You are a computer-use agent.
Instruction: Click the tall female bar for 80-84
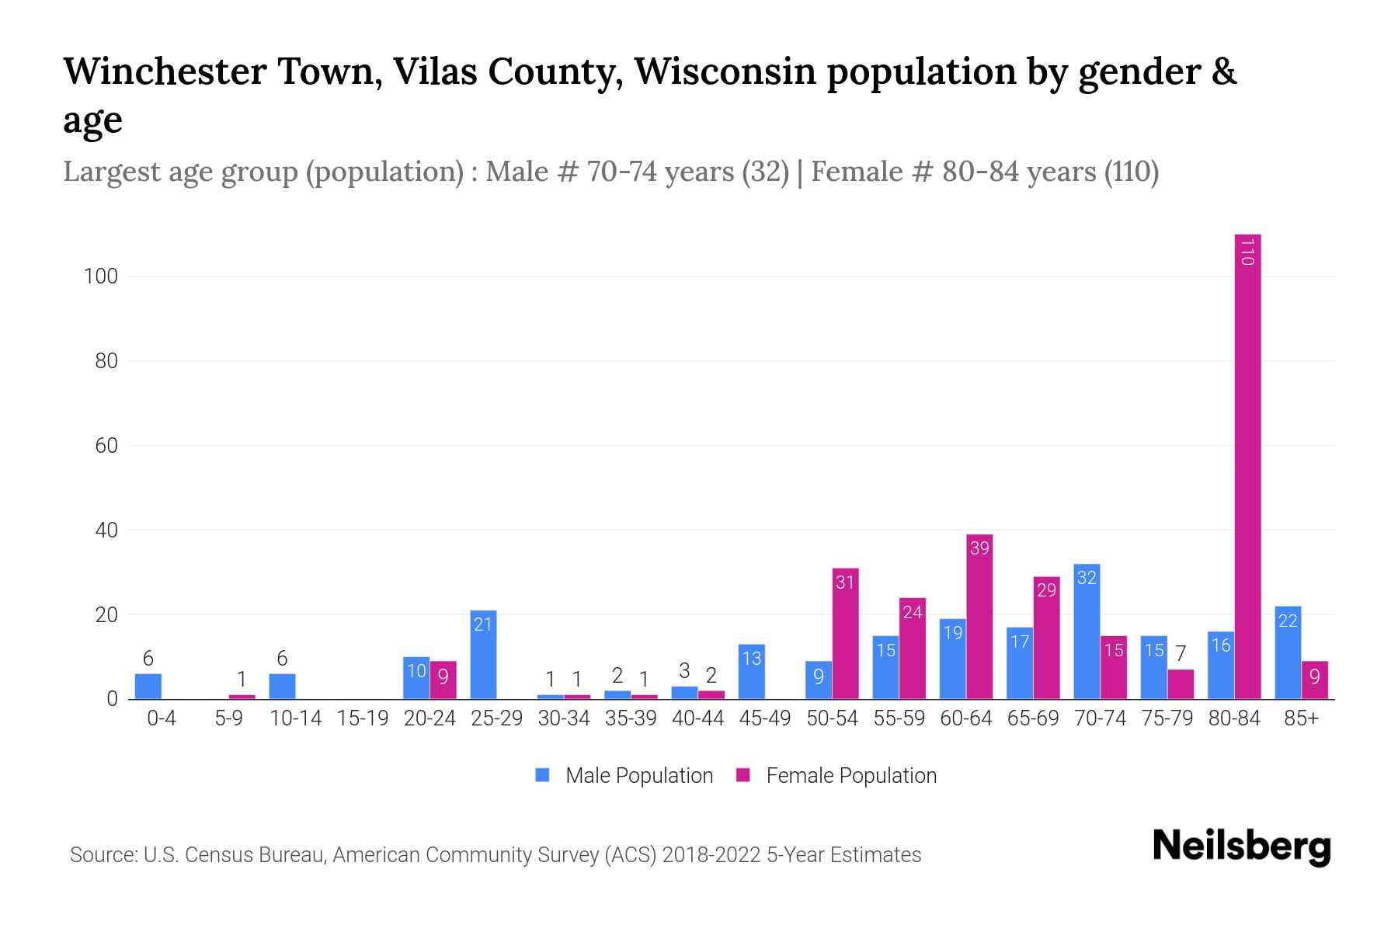pos(1247,466)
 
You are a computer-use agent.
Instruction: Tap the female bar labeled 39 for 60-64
pos(979,617)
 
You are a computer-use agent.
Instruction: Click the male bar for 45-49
pos(751,672)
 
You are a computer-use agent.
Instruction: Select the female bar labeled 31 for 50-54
pos(845,633)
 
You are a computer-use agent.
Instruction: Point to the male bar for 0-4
pos(148,687)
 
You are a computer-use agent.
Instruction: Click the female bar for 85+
pos(1315,680)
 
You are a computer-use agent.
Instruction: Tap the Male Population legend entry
pos(624,776)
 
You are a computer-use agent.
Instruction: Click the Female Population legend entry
pos(836,776)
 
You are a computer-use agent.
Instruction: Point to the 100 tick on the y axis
pos(101,276)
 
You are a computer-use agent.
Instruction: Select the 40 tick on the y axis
pos(106,530)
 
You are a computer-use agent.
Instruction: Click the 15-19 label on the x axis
pos(363,718)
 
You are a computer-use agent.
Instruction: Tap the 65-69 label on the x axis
pos(1033,718)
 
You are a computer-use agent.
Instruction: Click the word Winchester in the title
pos(164,71)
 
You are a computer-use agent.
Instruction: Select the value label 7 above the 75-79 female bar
pos(1181,654)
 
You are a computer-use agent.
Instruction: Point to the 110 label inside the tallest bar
pos(1247,252)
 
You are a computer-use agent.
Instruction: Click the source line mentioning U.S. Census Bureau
pos(496,855)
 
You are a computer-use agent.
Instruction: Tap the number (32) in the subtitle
pos(765,172)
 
